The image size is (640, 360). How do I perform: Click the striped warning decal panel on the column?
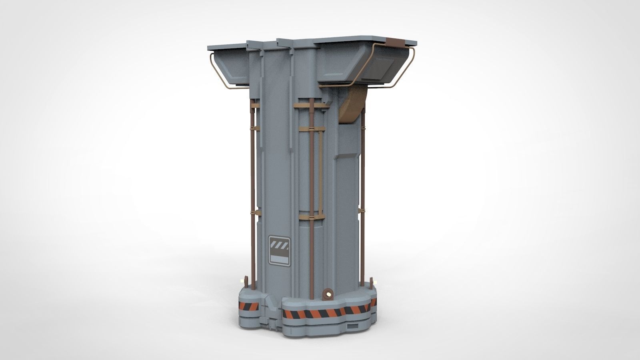tap(279, 250)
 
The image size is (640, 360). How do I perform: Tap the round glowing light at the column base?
tap(329, 294)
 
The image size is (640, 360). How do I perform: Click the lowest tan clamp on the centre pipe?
tap(311, 217)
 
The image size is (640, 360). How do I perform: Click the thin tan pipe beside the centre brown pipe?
tap(320, 172)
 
